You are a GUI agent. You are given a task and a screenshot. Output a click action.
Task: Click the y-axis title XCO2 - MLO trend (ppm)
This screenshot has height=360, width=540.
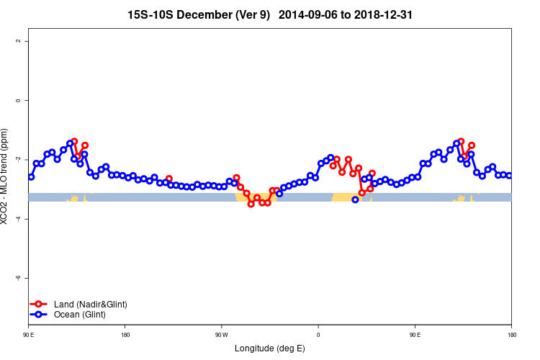tap(5, 176)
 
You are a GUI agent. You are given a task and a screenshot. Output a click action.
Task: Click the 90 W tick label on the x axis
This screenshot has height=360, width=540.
tap(221, 334)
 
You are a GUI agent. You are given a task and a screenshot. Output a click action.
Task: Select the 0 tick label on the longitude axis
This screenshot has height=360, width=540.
tap(318, 334)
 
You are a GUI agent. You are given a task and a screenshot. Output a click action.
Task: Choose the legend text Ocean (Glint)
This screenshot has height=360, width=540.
tap(79, 315)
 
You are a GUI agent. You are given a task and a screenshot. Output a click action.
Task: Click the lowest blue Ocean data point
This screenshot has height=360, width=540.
tap(355, 199)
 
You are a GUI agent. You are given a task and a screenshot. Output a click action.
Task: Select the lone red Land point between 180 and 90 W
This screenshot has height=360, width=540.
tap(169, 179)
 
